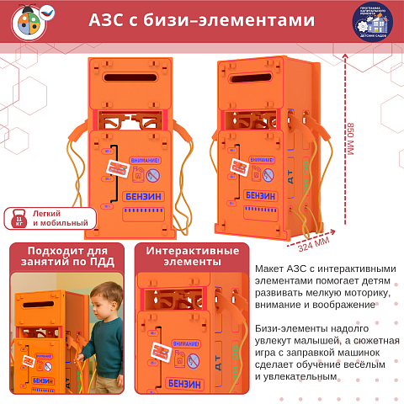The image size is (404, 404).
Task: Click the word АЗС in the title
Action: (108, 21)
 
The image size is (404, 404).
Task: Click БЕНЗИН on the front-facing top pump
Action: (143, 195)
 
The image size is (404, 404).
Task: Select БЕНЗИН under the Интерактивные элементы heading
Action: (193, 383)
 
